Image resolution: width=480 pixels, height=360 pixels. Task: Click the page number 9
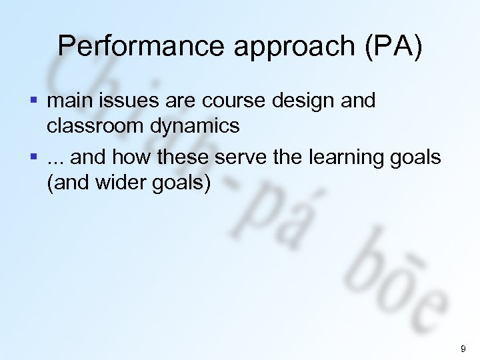(x=463, y=348)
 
